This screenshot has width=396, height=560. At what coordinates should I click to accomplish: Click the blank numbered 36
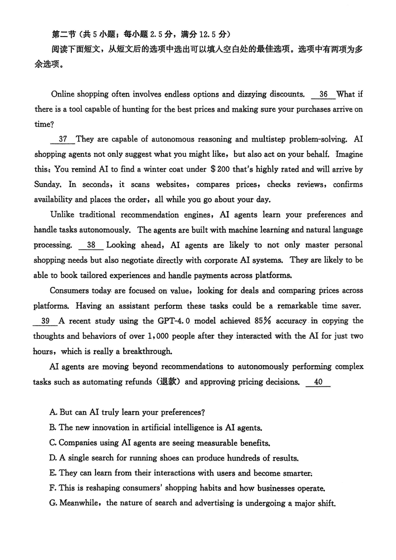pyautogui.click(x=323, y=94)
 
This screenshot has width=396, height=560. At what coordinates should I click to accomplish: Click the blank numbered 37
pyautogui.click(x=63, y=140)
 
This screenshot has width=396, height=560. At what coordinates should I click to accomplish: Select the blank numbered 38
pyautogui.click(x=91, y=245)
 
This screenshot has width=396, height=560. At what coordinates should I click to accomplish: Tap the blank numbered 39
pyautogui.click(x=46, y=321)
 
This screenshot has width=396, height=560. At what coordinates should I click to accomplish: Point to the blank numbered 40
pyautogui.click(x=318, y=382)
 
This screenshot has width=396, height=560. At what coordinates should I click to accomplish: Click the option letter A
pyautogui.click(x=53, y=412)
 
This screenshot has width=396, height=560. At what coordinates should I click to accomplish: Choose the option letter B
pyautogui.click(x=53, y=427)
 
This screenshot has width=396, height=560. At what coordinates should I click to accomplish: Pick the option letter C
pyautogui.click(x=53, y=443)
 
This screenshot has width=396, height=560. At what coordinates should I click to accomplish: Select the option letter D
pyautogui.click(x=53, y=458)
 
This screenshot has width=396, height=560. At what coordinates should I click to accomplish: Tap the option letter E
pyautogui.click(x=53, y=473)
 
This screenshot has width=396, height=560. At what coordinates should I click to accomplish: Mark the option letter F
pyautogui.click(x=53, y=488)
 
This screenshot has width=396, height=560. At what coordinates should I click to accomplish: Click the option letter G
pyautogui.click(x=53, y=504)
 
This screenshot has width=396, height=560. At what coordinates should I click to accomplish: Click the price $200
pyautogui.click(x=220, y=169)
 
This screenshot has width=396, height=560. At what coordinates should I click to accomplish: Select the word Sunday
pyautogui.click(x=48, y=185)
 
